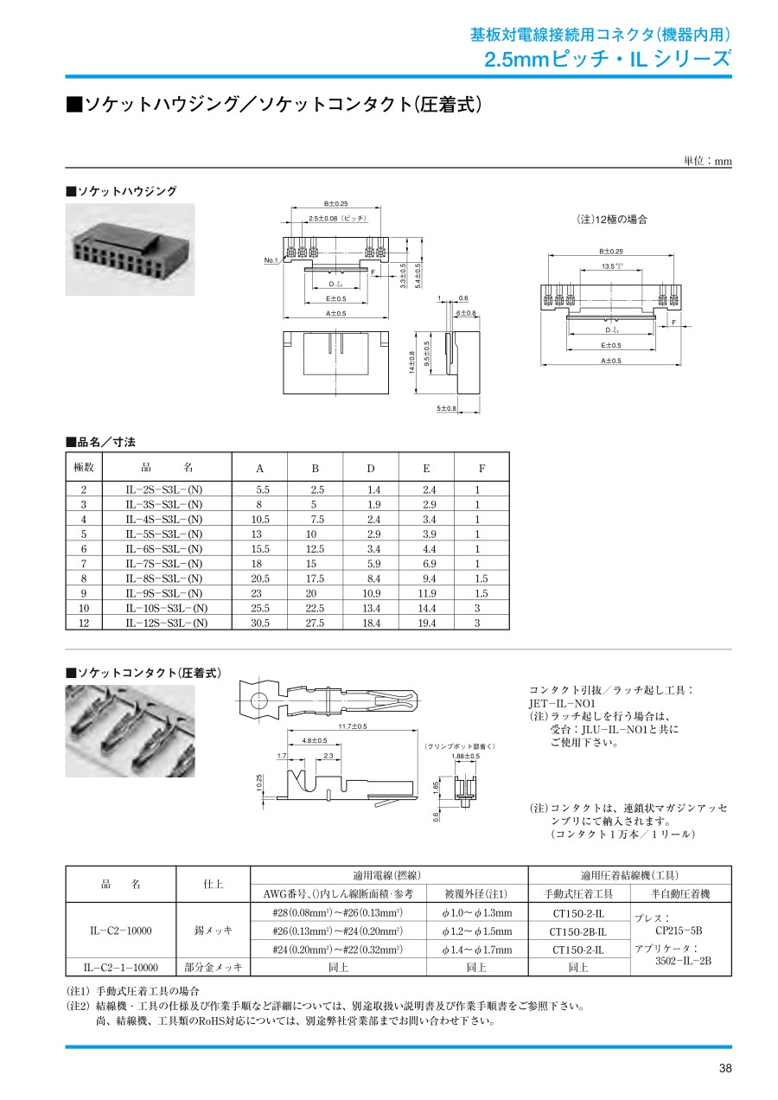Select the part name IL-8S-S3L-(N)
(x=163, y=579)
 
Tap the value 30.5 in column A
(x=260, y=623)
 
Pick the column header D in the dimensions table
(x=371, y=469)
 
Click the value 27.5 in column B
(x=316, y=623)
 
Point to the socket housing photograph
(x=131, y=249)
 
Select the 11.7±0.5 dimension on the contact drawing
(x=353, y=726)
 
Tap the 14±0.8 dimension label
(x=413, y=362)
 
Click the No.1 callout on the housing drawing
(x=272, y=260)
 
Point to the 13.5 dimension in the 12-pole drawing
(x=609, y=266)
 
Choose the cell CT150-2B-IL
(x=577, y=931)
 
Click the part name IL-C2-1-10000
(x=121, y=968)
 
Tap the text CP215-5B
(x=679, y=931)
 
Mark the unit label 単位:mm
(x=707, y=161)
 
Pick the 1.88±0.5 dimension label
(x=465, y=756)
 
